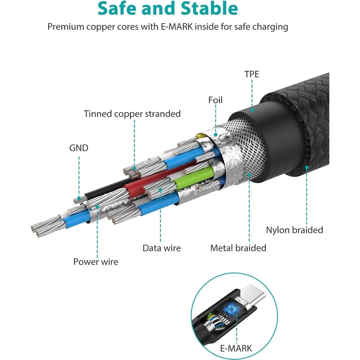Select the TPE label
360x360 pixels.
(252, 74)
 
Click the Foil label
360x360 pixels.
(215, 100)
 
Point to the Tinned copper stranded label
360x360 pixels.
(132, 114)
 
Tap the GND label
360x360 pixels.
(79, 148)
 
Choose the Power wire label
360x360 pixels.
(96, 262)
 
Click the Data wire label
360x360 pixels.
(161, 248)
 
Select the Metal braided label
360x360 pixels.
(238, 248)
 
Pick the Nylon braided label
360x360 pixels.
(294, 230)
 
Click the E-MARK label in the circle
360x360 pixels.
(236, 348)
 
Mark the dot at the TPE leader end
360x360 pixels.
(252, 110)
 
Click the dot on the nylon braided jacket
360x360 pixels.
(306, 167)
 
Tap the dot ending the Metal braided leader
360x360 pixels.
(249, 175)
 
